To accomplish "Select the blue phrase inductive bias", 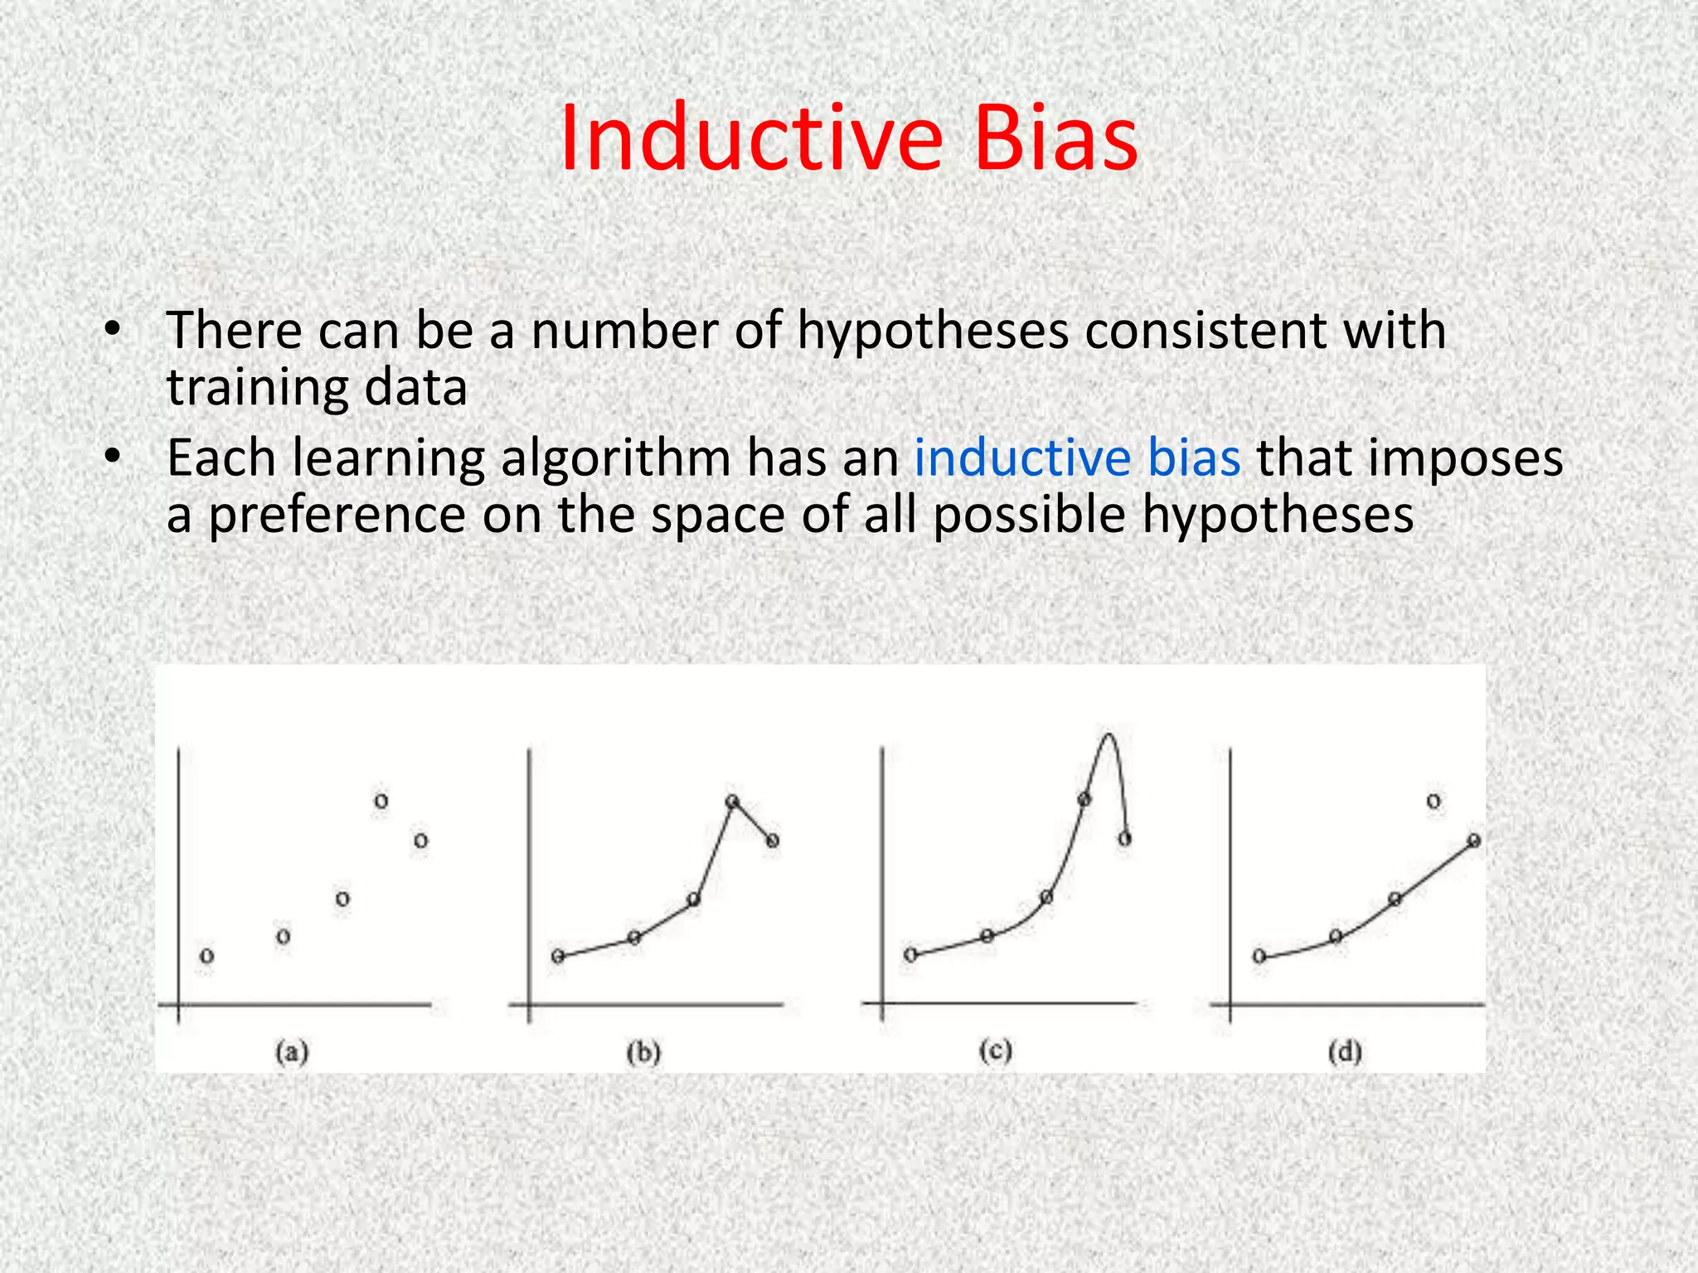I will pos(1077,457).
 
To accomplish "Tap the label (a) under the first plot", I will pos(292,1053).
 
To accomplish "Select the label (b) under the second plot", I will pos(643,1053).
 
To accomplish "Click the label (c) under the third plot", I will pos(995,1051).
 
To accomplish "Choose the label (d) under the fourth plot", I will pos(1345,1053).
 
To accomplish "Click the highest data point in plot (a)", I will pos(381,801).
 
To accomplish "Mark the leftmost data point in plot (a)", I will pos(207,956).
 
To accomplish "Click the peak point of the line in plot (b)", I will pos(732,801).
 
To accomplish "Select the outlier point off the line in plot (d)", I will pos(1434,801).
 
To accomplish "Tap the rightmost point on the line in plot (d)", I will pos(1473,840).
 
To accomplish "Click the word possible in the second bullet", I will pos(1029,515).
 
